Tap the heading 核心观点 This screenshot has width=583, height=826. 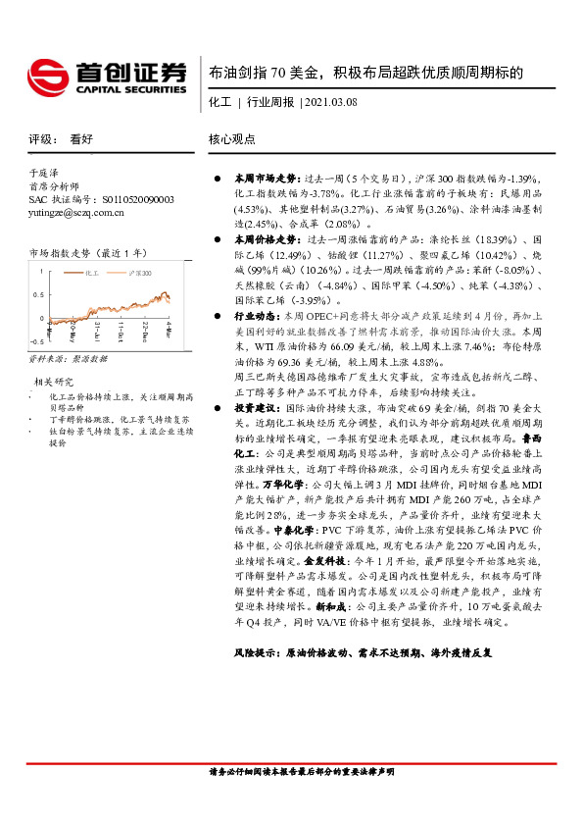coord(232,139)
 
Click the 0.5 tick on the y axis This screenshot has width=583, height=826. coord(37,293)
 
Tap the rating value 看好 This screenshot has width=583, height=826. coord(81,139)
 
